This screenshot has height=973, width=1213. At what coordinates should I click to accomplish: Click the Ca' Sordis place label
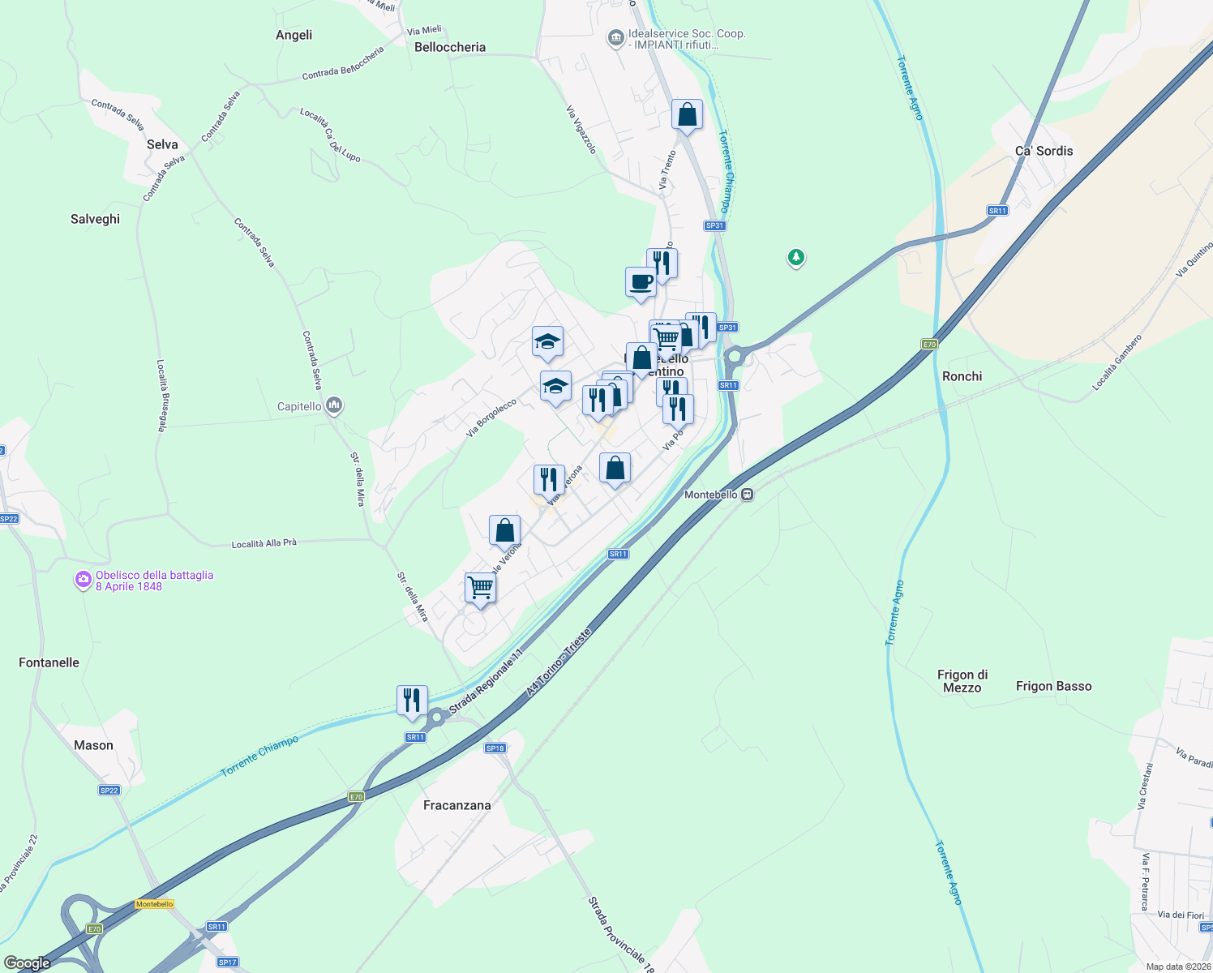click(x=1044, y=151)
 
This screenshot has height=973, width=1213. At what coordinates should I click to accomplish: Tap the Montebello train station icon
click(x=748, y=495)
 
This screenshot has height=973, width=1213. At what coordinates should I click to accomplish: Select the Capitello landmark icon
click(x=334, y=405)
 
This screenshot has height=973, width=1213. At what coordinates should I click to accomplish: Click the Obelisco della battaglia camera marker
click(x=83, y=581)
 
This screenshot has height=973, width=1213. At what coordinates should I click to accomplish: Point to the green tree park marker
click(x=796, y=258)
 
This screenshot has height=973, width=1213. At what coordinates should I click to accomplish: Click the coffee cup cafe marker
click(x=641, y=283)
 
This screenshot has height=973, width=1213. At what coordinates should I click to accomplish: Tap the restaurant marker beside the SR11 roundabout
click(x=412, y=701)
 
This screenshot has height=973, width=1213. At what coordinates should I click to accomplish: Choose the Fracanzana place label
click(x=457, y=805)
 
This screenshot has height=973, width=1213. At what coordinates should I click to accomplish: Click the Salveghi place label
click(x=95, y=219)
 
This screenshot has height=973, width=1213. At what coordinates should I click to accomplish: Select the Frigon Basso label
click(x=1053, y=686)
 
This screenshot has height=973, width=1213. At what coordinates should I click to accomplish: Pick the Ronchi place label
click(x=962, y=376)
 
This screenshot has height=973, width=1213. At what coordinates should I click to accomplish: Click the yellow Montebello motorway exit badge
click(x=154, y=904)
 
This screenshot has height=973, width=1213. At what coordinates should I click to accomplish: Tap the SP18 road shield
click(x=495, y=748)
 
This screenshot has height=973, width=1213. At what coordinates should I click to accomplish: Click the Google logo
click(x=28, y=963)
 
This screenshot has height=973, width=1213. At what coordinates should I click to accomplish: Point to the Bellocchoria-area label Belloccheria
click(x=450, y=47)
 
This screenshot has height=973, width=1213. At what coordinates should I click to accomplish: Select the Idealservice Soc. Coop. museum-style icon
click(x=615, y=37)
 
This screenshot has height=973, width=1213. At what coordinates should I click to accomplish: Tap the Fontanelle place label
click(x=49, y=662)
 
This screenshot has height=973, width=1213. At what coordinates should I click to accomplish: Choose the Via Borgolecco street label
click(x=491, y=418)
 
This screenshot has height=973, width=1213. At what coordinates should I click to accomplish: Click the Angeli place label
click(x=294, y=35)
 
